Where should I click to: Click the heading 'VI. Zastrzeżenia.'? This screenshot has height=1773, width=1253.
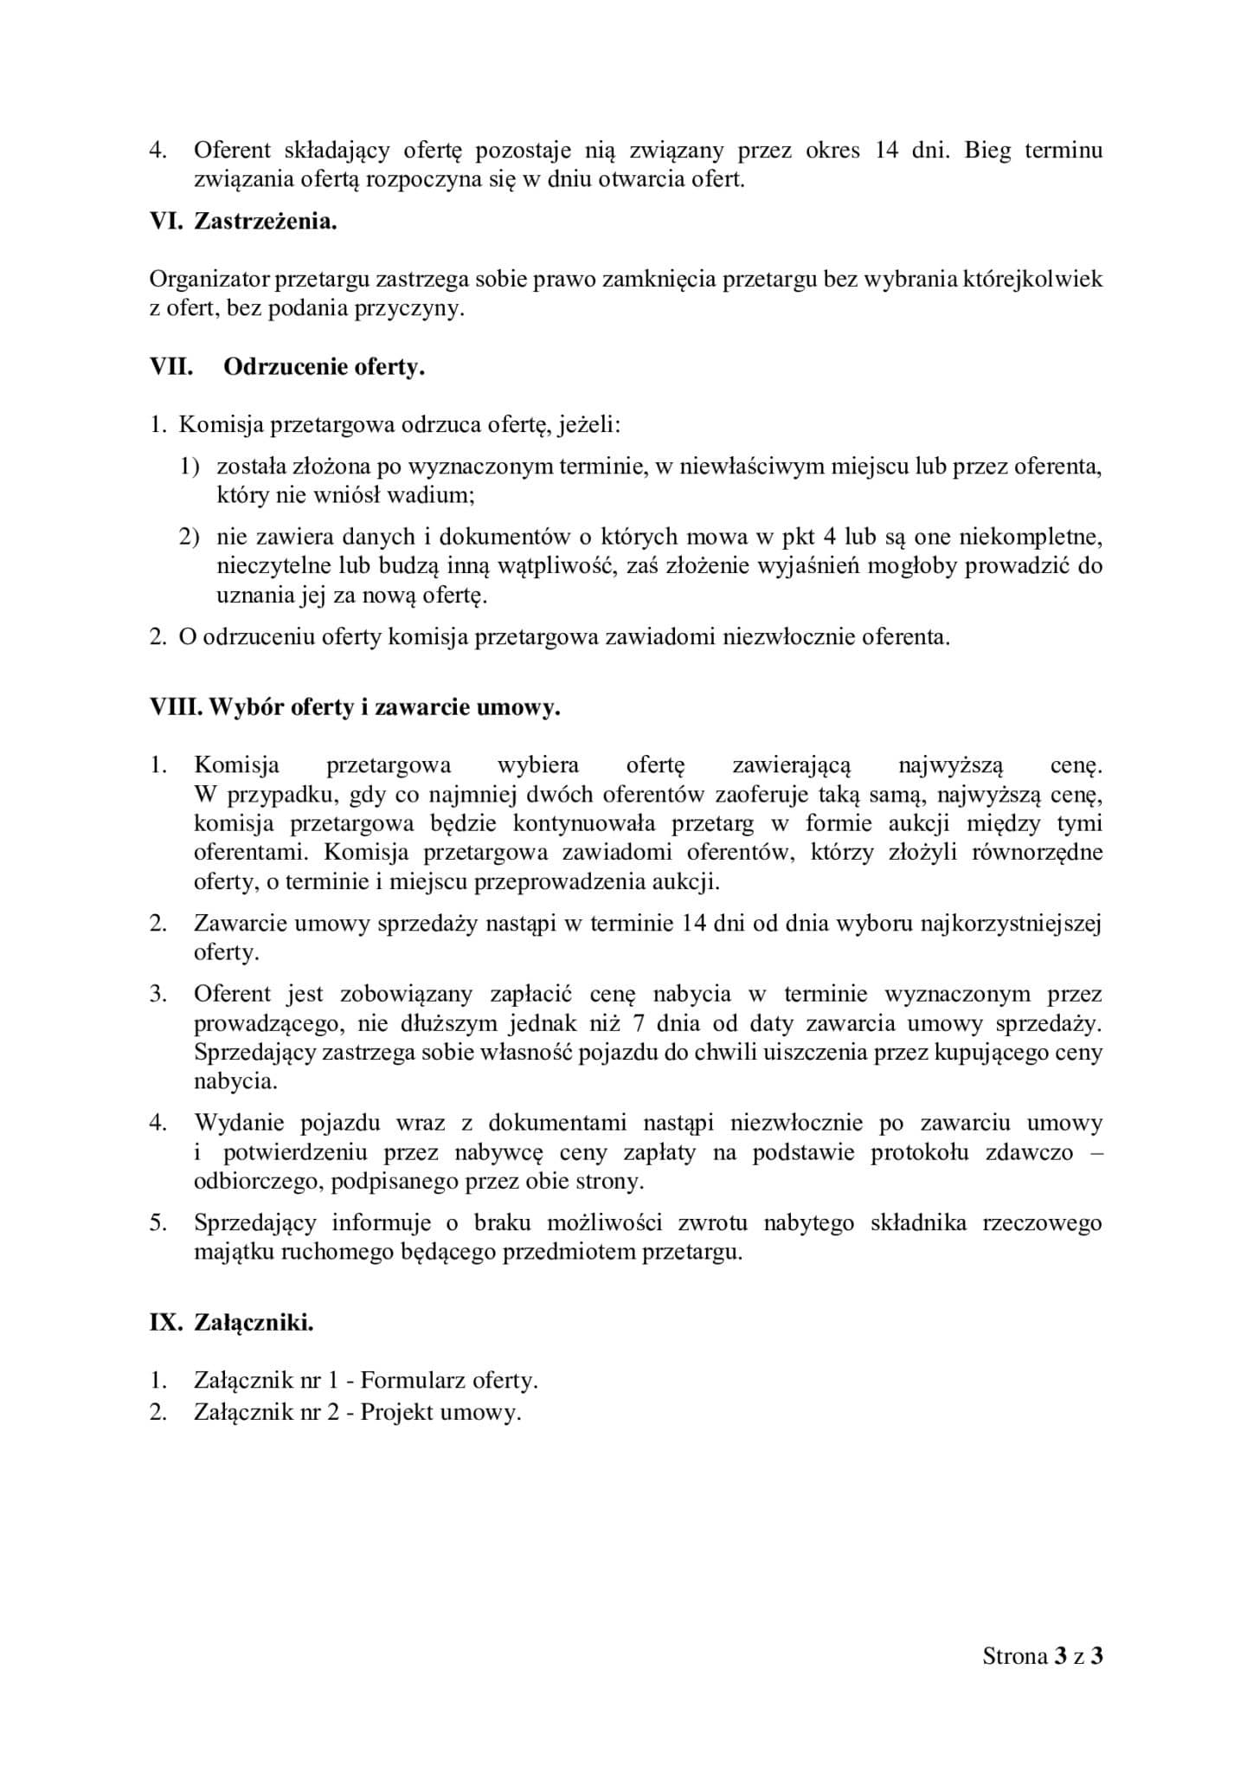tap(243, 222)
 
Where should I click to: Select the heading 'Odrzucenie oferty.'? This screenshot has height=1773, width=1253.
tap(324, 367)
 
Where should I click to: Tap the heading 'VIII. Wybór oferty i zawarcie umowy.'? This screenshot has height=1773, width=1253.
tap(355, 707)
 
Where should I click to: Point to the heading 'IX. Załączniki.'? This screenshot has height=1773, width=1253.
tap(231, 1323)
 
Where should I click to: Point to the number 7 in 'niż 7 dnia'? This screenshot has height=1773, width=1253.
tap(638, 1023)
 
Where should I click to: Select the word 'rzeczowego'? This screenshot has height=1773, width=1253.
tap(1043, 1223)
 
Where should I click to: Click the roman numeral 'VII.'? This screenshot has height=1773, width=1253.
tap(171, 367)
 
